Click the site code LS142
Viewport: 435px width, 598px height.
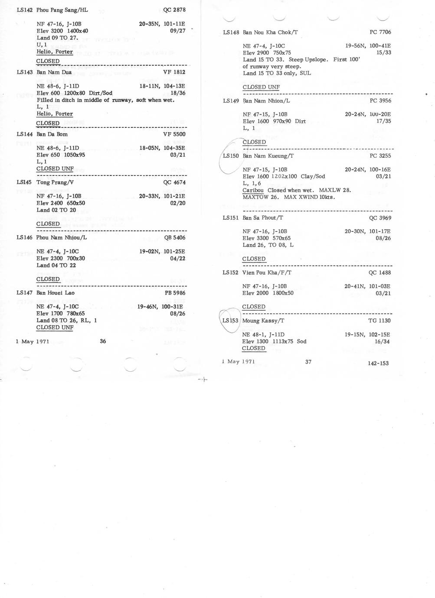coord(25,10)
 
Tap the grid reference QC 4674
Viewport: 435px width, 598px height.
coord(174,182)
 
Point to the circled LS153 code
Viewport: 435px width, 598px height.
coord(230,321)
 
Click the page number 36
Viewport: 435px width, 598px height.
coord(103,341)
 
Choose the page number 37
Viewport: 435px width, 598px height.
coord(308,362)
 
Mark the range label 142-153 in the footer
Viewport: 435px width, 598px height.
coord(378,364)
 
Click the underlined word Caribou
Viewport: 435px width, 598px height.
coord(253,190)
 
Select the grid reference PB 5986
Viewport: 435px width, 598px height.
coord(175,293)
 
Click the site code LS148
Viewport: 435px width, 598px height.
coord(231,32)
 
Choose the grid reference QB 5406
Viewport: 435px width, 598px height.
coord(175,237)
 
